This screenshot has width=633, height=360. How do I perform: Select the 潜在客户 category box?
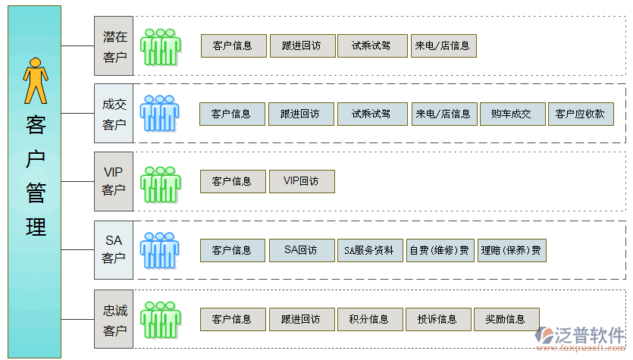point(114,46)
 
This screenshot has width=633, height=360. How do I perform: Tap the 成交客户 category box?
point(114,114)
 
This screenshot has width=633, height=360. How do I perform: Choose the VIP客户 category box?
point(114,181)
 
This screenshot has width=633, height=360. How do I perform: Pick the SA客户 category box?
point(114,249)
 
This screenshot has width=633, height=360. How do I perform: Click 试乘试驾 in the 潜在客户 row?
point(371,45)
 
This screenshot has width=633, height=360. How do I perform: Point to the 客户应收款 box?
point(580,114)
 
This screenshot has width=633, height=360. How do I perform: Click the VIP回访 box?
point(301,181)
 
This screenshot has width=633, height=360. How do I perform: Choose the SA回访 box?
point(301,249)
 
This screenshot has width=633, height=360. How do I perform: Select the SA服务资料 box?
point(369,250)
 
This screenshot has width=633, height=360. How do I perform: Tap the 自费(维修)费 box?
point(439,250)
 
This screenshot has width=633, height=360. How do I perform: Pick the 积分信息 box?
point(369,319)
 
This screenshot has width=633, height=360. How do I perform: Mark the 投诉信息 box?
point(437,319)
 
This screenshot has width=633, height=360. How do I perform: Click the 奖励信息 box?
point(506,319)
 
